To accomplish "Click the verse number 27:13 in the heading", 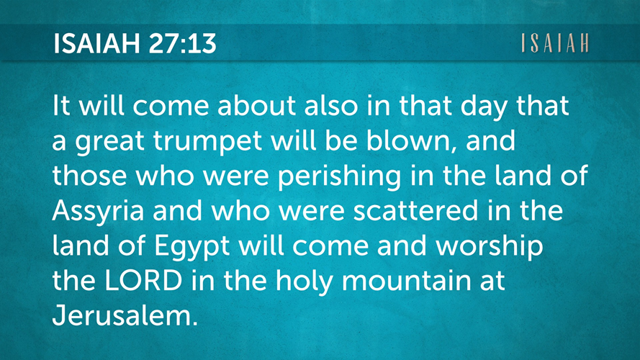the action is click(x=182, y=43).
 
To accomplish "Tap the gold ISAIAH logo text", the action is click(x=555, y=43).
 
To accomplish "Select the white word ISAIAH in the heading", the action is click(x=96, y=43).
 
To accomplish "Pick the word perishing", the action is click(x=340, y=176).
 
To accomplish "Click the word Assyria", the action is click(x=99, y=212).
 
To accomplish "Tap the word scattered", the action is click(x=415, y=211).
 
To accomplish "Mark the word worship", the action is click(x=490, y=246).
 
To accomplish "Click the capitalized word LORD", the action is click(x=143, y=280).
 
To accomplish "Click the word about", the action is click(x=256, y=105).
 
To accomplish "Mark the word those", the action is click(x=89, y=175).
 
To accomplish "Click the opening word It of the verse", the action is click(x=62, y=105).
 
